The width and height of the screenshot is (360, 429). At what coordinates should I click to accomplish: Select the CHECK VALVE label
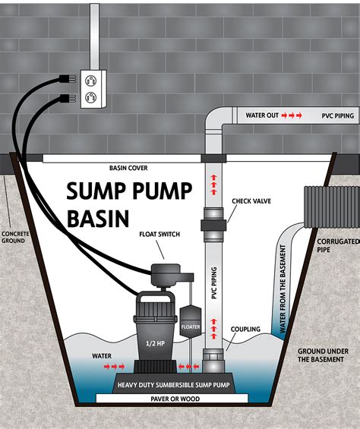(251, 201)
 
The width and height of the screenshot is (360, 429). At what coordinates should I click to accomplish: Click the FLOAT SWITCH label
(160, 235)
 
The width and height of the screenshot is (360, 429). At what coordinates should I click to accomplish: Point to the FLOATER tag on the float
(191, 326)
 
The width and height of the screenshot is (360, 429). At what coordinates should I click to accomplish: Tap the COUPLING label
(245, 330)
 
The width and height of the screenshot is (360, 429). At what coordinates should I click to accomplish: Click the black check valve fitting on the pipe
(213, 224)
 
